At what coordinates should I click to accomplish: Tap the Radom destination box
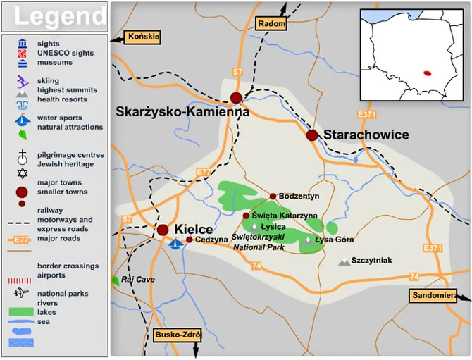point(272,23)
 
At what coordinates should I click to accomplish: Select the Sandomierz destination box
point(432,296)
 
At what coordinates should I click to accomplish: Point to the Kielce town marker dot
point(163,230)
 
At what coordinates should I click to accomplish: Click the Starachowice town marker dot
point(312,135)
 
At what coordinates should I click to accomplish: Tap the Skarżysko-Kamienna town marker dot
point(236,98)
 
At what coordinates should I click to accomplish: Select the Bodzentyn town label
point(299,197)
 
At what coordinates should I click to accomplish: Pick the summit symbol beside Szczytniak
point(344,261)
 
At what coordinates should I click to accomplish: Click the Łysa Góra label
point(333,240)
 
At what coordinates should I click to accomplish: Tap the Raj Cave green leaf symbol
point(115,280)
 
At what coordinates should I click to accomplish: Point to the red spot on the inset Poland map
point(426,72)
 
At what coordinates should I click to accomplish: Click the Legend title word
point(61,16)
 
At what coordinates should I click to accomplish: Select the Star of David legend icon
point(23,173)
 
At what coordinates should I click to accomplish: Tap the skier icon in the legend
point(23,80)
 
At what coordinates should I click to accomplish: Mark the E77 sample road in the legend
point(22,240)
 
